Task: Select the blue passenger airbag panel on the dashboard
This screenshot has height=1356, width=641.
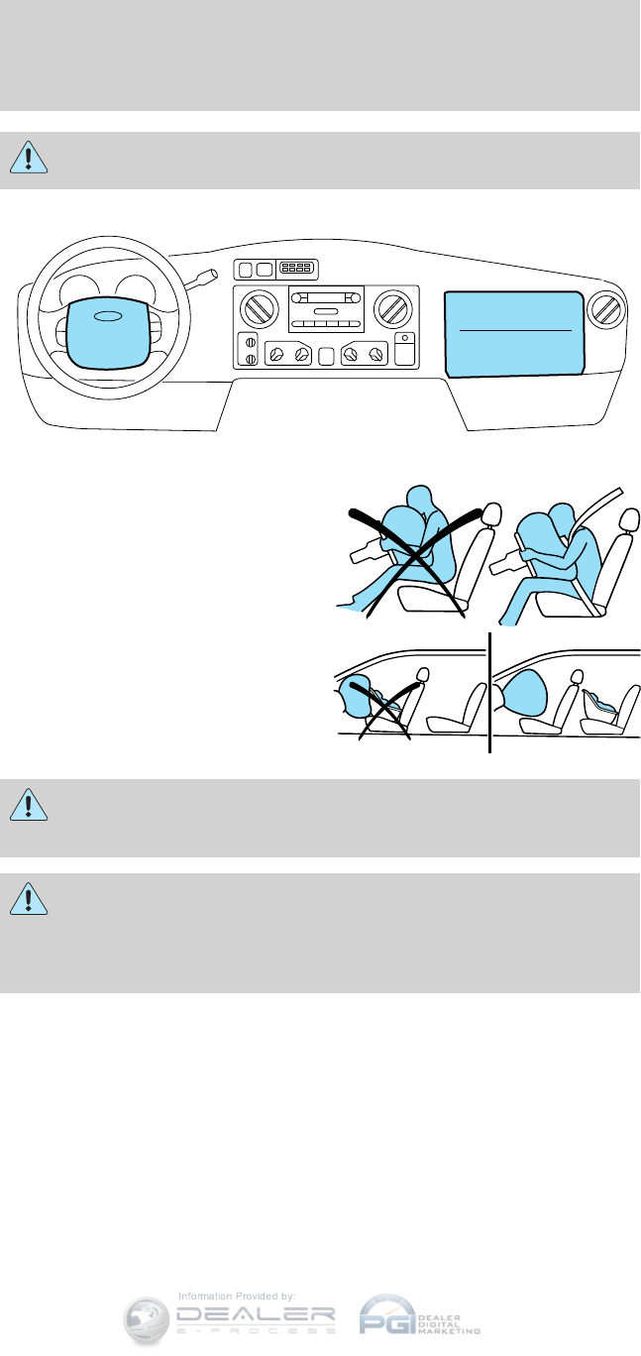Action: pos(512,332)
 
